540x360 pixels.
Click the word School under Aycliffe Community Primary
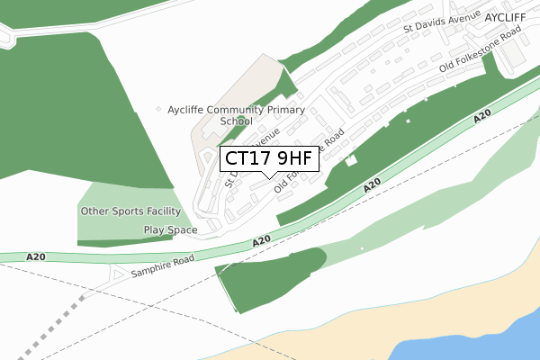(x=236, y=121)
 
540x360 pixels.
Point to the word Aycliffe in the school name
(x=187, y=110)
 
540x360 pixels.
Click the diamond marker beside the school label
(x=159, y=110)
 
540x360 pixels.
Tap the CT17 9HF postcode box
(x=268, y=158)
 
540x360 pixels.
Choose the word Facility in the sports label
(x=171, y=211)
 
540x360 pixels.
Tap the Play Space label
(x=170, y=230)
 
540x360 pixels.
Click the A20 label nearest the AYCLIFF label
(x=482, y=118)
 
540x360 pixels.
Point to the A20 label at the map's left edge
(x=36, y=257)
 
